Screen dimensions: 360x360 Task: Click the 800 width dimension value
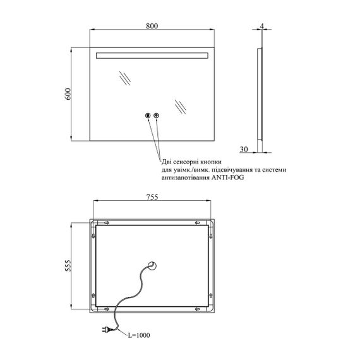(x=152, y=26)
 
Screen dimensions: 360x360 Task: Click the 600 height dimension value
(x=68, y=93)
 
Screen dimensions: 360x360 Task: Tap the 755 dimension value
(x=152, y=197)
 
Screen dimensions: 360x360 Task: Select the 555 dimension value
(x=68, y=266)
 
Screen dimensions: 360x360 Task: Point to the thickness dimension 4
(x=261, y=26)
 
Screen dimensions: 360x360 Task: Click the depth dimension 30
(x=244, y=149)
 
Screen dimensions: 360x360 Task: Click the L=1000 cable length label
(x=139, y=335)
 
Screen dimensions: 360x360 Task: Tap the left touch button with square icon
(x=148, y=116)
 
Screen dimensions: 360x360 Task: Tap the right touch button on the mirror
(x=157, y=116)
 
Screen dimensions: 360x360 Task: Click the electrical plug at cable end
(x=107, y=330)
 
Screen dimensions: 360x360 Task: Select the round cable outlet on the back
(x=152, y=266)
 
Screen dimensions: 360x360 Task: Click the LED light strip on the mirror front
(x=152, y=56)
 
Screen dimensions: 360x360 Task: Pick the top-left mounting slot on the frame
(x=107, y=223)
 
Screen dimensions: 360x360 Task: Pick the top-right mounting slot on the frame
(x=197, y=223)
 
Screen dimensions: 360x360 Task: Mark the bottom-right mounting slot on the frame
(x=197, y=309)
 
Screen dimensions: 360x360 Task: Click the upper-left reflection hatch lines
(x=125, y=78)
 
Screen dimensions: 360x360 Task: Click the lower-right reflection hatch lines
(x=181, y=107)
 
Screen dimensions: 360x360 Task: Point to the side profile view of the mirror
(x=260, y=93)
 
